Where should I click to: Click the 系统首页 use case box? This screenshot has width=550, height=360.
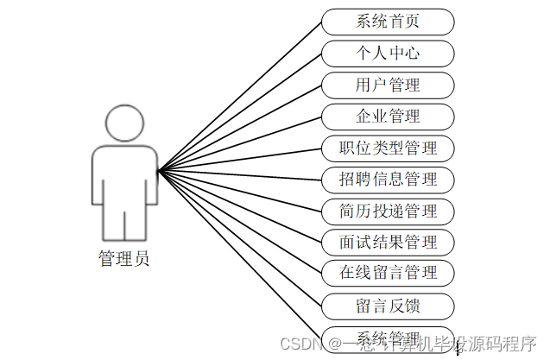388,22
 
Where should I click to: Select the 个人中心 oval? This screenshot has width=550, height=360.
388,54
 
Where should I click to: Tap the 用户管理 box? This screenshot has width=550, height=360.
388,85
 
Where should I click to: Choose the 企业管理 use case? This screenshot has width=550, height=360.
388,117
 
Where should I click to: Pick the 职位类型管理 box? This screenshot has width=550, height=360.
388,148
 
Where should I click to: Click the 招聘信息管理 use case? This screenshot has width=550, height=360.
388,180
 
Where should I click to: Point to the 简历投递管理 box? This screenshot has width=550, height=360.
388,211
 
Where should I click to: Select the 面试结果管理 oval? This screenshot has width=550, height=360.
388,242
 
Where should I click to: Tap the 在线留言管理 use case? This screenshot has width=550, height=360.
388,273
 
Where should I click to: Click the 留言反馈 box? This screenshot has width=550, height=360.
388,305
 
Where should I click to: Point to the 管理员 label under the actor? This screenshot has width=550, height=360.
124,258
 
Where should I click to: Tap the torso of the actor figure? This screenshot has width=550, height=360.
124,177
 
